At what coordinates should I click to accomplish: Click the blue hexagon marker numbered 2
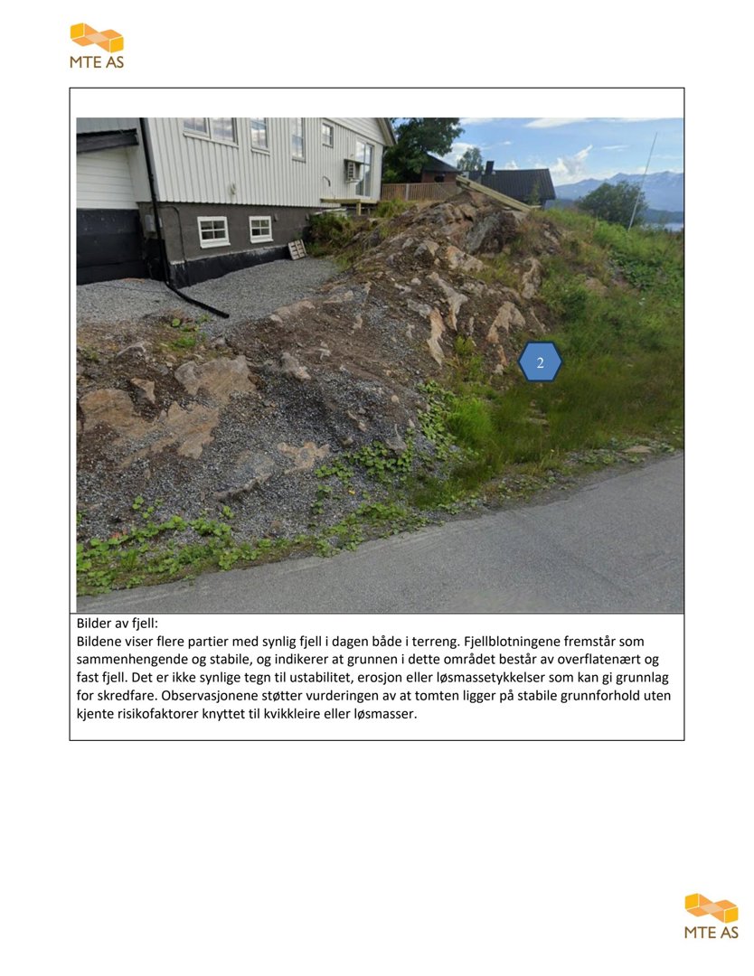pyautogui.click(x=541, y=362)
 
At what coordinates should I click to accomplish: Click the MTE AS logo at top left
pyautogui.click(x=97, y=46)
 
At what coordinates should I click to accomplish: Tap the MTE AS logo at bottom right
pyautogui.click(x=712, y=916)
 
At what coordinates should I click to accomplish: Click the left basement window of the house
pyautogui.click(x=213, y=231)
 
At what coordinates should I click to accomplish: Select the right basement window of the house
pyautogui.click(x=260, y=229)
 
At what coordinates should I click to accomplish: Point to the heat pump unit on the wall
pyautogui.click(x=353, y=170)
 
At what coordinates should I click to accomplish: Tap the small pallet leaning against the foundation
pyautogui.click(x=297, y=249)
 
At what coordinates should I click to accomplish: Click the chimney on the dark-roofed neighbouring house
pyautogui.click(x=489, y=168)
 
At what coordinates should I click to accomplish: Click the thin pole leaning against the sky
pyautogui.click(x=643, y=180)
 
